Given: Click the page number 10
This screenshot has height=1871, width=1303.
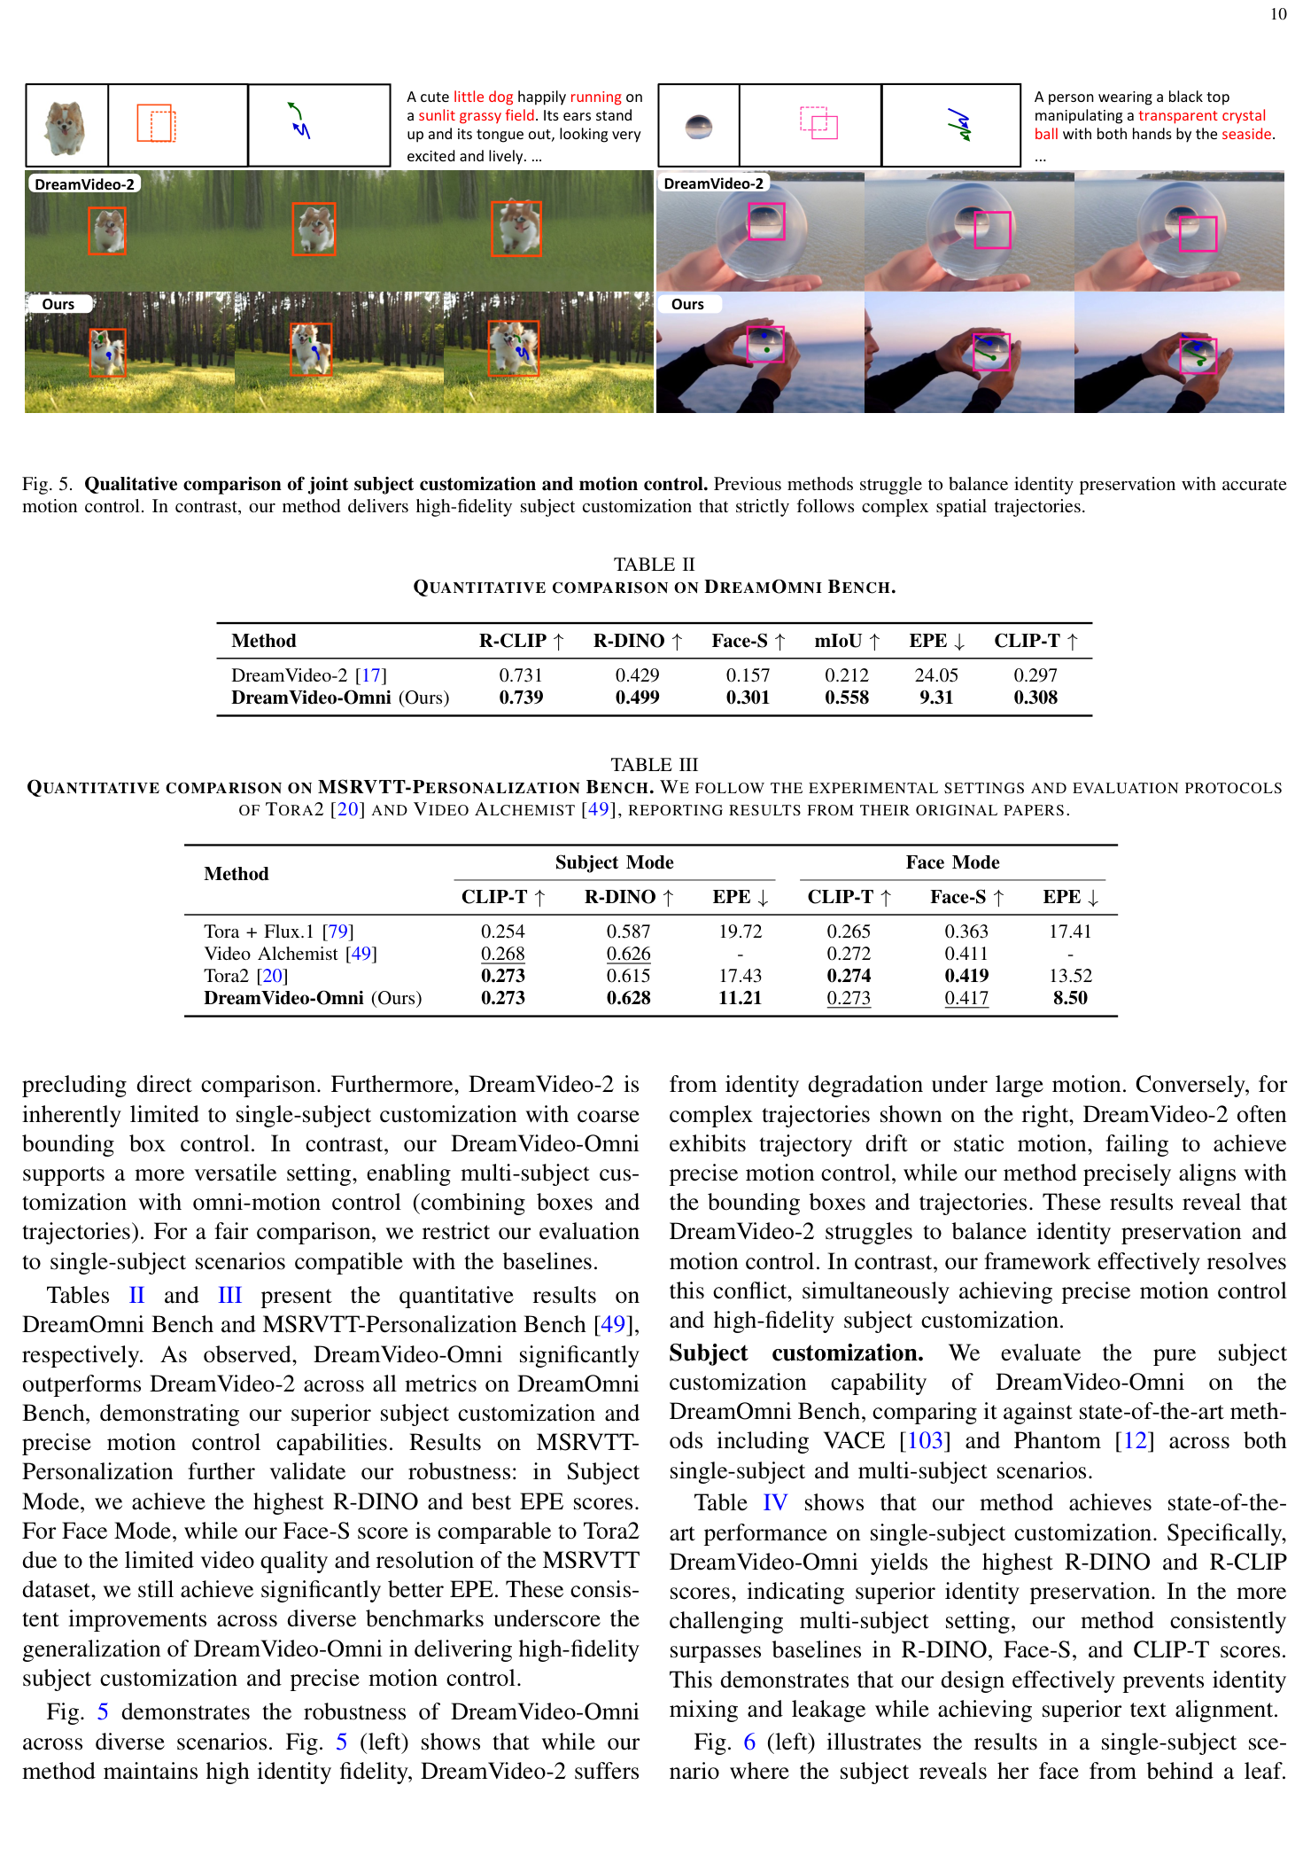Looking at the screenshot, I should [1277, 14].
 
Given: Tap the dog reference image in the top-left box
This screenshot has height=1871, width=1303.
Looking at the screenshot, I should [66, 125].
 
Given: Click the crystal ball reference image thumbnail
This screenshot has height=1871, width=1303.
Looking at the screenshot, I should [699, 126].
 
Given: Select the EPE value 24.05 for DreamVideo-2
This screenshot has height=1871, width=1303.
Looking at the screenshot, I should [935, 675].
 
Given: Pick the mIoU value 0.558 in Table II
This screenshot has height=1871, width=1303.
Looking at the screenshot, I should [846, 698].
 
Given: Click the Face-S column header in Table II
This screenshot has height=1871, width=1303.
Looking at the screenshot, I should [748, 641].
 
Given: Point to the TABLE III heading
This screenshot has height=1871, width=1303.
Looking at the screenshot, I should [654, 764].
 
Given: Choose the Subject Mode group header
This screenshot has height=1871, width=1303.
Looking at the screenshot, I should [614, 862].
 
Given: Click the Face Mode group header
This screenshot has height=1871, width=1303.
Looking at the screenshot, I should [952, 862].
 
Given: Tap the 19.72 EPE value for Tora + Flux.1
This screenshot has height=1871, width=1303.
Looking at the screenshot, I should [740, 932].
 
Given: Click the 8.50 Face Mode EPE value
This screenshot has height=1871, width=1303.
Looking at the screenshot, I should [1070, 998].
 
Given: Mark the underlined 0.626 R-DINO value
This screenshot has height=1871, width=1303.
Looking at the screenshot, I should [628, 954].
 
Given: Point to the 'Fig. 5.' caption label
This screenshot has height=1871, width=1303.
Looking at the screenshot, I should [48, 484].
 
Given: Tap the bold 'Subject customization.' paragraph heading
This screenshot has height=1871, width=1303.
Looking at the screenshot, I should [795, 1353].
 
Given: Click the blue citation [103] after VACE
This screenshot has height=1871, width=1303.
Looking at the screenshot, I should [925, 1440].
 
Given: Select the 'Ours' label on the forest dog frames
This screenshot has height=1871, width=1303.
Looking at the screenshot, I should [58, 304].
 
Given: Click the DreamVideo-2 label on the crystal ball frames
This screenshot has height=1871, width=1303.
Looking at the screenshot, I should [713, 183].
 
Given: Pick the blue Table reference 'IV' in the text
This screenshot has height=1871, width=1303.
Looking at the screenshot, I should [774, 1502].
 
